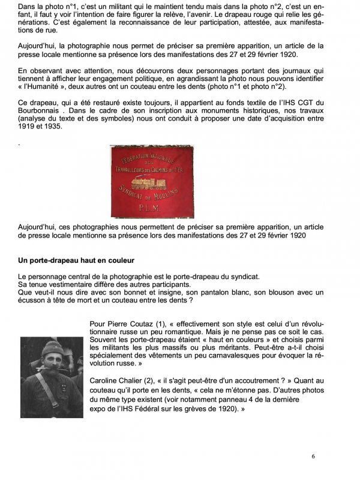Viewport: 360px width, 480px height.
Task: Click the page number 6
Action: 313,456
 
